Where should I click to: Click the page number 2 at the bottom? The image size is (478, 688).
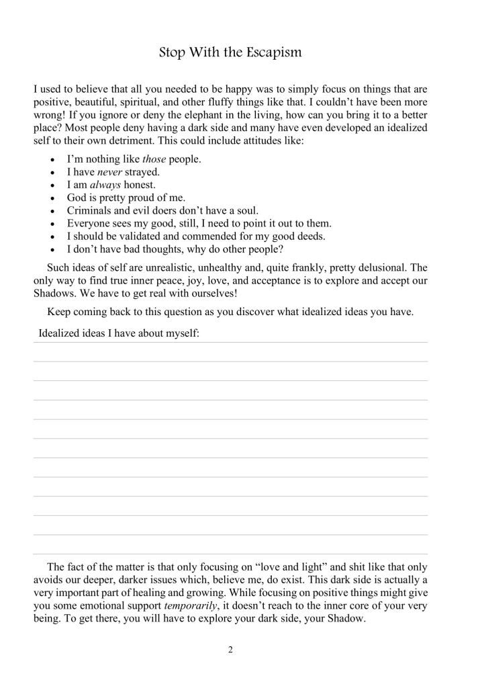230,650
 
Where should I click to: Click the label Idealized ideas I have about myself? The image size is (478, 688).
119,333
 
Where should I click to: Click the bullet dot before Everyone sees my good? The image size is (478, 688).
52,223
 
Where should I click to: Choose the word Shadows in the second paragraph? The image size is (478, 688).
52,292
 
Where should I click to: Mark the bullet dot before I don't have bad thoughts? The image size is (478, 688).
52,249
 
